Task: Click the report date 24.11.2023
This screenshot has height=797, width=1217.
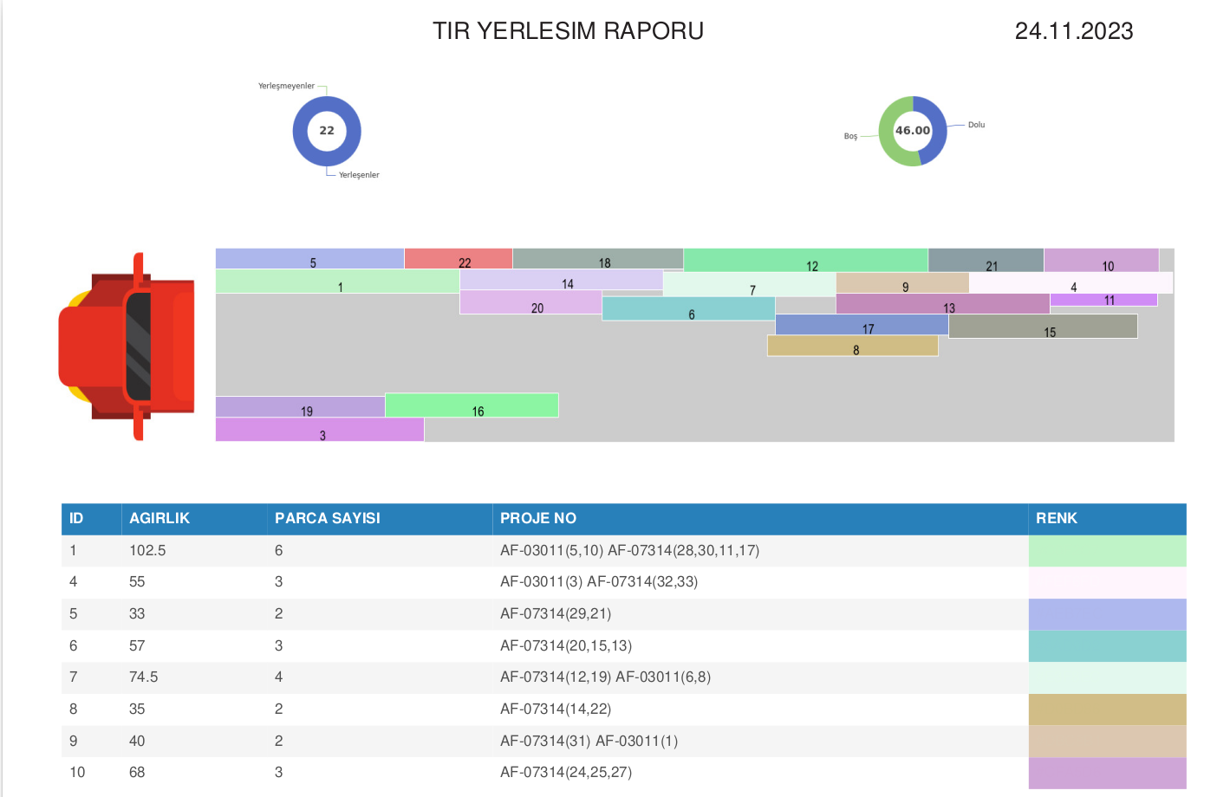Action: pos(1074,31)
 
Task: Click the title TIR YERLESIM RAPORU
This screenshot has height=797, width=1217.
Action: pos(568,31)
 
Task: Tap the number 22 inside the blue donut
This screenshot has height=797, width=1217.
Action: pos(327,130)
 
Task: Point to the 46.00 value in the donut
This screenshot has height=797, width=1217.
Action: pos(913,130)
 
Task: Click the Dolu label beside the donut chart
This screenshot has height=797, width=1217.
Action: pos(976,125)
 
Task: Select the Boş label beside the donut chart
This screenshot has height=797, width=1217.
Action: pos(850,136)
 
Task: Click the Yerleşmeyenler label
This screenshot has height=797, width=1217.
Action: pos(286,86)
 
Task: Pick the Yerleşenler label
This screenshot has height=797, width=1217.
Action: pos(359,175)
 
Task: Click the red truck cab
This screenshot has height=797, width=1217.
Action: pos(127,347)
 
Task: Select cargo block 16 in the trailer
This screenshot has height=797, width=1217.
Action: pos(472,405)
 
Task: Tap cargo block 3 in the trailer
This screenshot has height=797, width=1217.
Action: pos(320,430)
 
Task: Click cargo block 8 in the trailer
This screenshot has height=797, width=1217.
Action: pos(852,346)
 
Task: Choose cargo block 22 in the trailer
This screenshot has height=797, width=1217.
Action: pos(458,258)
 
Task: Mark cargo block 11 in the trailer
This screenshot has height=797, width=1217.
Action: pos(1103,300)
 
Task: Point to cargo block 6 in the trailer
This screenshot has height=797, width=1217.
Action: pos(688,308)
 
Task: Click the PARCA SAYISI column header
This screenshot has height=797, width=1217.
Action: pos(327,518)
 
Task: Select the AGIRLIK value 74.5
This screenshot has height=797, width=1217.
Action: pos(143,677)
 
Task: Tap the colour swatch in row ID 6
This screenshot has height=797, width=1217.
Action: pos(1107,645)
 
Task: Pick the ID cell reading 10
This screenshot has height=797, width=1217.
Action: pos(77,772)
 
